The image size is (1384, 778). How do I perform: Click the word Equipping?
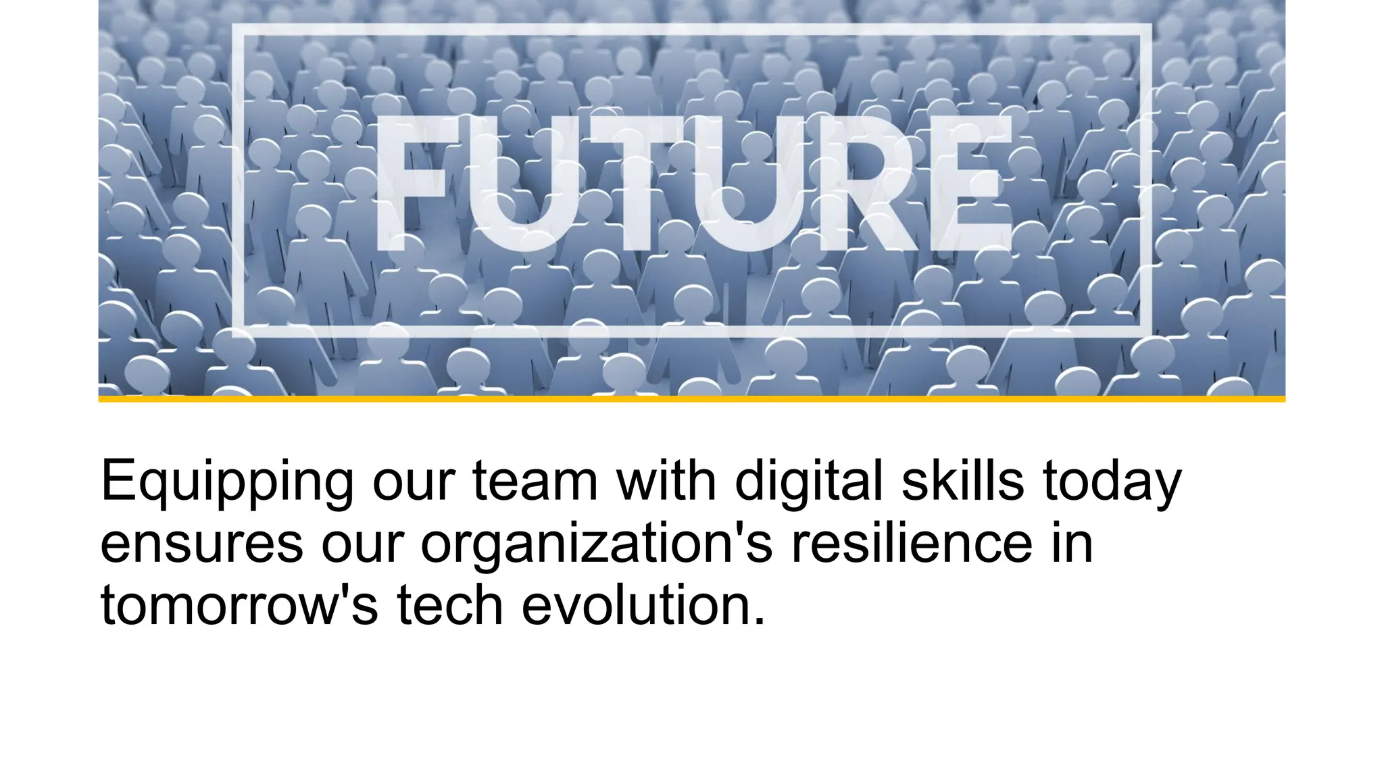pos(226,482)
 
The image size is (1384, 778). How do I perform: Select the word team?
pos(535,481)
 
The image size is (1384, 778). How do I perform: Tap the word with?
pos(666,481)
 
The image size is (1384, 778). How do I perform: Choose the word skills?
pos(962,481)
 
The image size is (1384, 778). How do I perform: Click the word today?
pos(1112,482)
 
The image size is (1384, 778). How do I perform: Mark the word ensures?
pos(201,544)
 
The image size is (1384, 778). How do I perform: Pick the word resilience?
pos(912,543)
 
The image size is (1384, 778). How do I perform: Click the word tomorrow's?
pos(239,605)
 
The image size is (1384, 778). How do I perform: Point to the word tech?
pos(449,605)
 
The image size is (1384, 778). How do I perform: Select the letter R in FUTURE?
pos(872,182)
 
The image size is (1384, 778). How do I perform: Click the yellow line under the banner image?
pos(692,399)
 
